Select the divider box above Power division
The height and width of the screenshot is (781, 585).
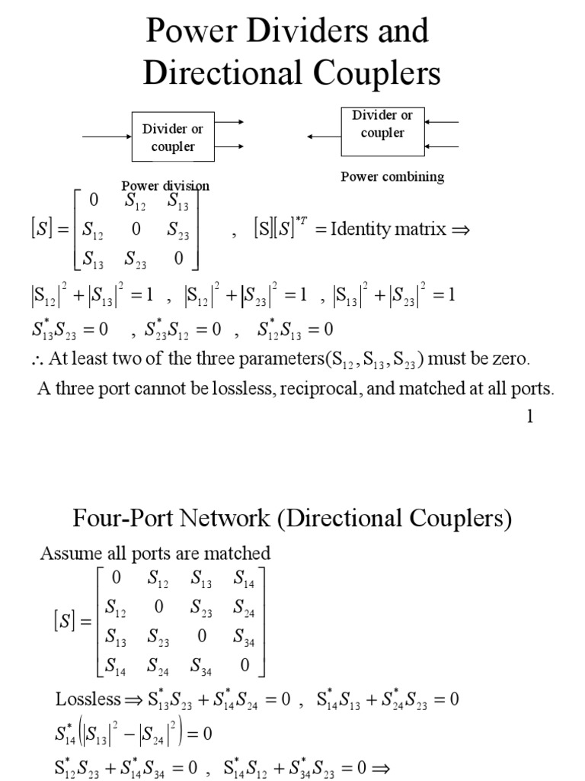(x=173, y=137)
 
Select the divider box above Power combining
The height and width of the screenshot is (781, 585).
(x=382, y=124)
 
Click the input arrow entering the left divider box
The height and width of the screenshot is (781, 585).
(x=107, y=137)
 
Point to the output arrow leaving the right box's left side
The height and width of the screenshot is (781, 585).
(x=323, y=137)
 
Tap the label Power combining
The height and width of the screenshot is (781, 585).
(x=392, y=176)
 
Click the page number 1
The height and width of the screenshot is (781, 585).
(x=531, y=417)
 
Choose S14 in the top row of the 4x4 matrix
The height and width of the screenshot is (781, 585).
(x=244, y=579)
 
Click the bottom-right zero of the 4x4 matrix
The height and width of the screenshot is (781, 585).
(x=244, y=665)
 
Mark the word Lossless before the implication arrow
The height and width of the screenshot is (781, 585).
(x=88, y=699)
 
